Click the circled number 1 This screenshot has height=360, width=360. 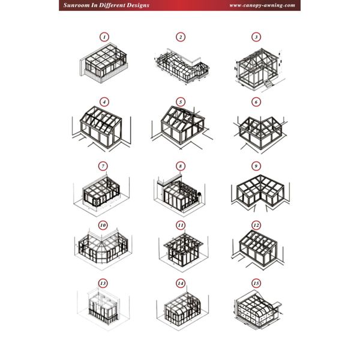click(x=104, y=37)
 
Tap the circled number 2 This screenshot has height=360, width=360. click(x=181, y=37)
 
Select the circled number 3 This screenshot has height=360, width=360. click(x=256, y=37)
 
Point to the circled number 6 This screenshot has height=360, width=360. click(x=256, y=102)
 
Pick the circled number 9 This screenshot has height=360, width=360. click(x=256, y=166)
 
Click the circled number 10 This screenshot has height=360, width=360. click(x=103, y=225)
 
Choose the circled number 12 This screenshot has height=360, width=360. click(x=256, y=225)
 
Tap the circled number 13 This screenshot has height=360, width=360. click(x=103, y=283)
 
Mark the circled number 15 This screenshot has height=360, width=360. click(x=256, y=283)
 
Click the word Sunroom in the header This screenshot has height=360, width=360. click(x=76, y=5)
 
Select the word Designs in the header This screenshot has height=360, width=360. click(x=138, y=5)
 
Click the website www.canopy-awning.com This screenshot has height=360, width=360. click(x=262, y=5)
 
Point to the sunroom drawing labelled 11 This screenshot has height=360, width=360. click(x=183, y=250)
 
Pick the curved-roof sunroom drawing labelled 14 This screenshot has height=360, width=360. click(x=183, y=308)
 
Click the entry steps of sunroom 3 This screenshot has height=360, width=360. click(x=268, y=83)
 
